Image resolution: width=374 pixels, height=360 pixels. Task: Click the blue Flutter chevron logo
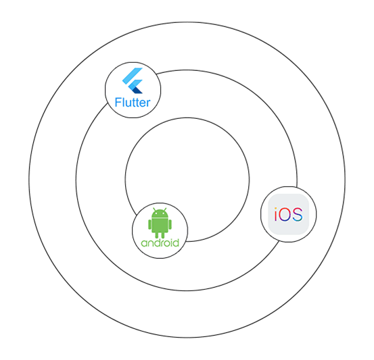pos(133,80)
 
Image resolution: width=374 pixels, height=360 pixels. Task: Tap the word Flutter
pos(133,103)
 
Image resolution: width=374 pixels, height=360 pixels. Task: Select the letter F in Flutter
pos(118,102)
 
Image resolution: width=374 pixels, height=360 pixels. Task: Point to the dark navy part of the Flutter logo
pos(137,90)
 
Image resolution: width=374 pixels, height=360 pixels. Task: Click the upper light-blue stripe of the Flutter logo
pos(133,75)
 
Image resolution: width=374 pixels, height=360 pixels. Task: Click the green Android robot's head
pos(160,213)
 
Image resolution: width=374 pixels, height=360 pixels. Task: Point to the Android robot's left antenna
pos(154,209)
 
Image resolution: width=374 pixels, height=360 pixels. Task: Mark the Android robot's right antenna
pos(165,209)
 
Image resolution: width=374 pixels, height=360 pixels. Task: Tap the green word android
pos(160,242)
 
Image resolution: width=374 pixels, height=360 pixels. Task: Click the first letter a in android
pos(144,244)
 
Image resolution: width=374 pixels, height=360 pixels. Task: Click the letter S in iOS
pos(297,214)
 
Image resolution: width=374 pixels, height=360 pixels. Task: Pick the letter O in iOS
pos(284,214)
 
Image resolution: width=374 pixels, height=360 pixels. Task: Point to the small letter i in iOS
pos(275,214)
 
